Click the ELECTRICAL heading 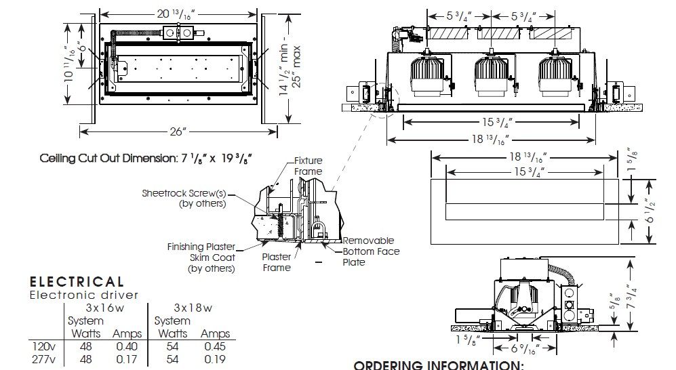click(77, 282)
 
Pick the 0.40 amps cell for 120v click(126, 347)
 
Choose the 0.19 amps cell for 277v click(215, 360)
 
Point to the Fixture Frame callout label click(308, 166)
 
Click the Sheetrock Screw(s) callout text click(184, 198)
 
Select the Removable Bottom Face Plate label click(370, 251)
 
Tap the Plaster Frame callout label click(276, 262)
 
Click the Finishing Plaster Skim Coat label click(201, 258)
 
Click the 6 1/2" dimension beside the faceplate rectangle click(650, 211)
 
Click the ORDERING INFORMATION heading click(439, 365)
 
